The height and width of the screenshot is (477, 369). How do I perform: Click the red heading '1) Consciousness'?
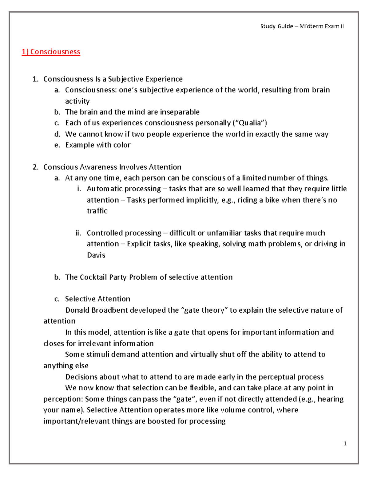[x=51, y=52]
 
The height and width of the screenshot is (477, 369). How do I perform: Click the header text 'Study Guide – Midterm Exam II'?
[x=302, y=26]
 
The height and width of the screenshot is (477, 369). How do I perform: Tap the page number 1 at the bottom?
[x=345, y=443]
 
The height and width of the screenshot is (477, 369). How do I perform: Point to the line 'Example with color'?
[x=98, y=145]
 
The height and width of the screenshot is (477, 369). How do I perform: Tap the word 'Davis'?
[x=96, y=255]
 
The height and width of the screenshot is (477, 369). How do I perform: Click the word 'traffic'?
[x=97, y=211]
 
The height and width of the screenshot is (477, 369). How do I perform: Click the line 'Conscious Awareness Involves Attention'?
[x=112, y=167]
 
